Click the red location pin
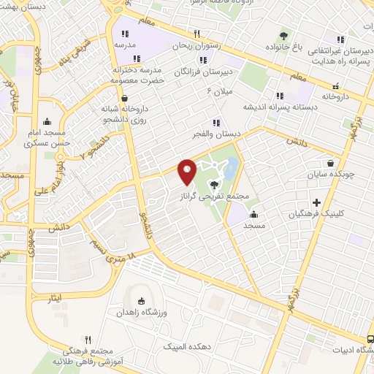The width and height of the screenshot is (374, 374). click(187, 171)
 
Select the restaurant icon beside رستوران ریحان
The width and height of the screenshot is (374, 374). click(196, 34)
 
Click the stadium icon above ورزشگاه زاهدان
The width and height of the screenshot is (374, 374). click(140, 300)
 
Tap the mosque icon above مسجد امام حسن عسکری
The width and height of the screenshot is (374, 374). click(47, 121)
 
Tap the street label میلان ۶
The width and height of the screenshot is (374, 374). click(218, 92)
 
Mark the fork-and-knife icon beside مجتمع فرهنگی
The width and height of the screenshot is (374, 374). click(88, 340)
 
